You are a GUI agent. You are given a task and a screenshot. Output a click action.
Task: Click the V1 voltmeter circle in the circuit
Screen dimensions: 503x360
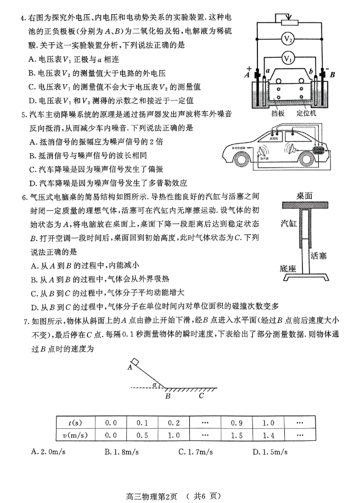click(x=289, y=58)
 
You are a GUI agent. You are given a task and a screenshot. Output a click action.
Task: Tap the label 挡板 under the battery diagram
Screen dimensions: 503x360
click(x=278, y=114)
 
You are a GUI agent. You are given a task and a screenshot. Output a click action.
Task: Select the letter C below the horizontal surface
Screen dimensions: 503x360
click(x=201, y=395)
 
